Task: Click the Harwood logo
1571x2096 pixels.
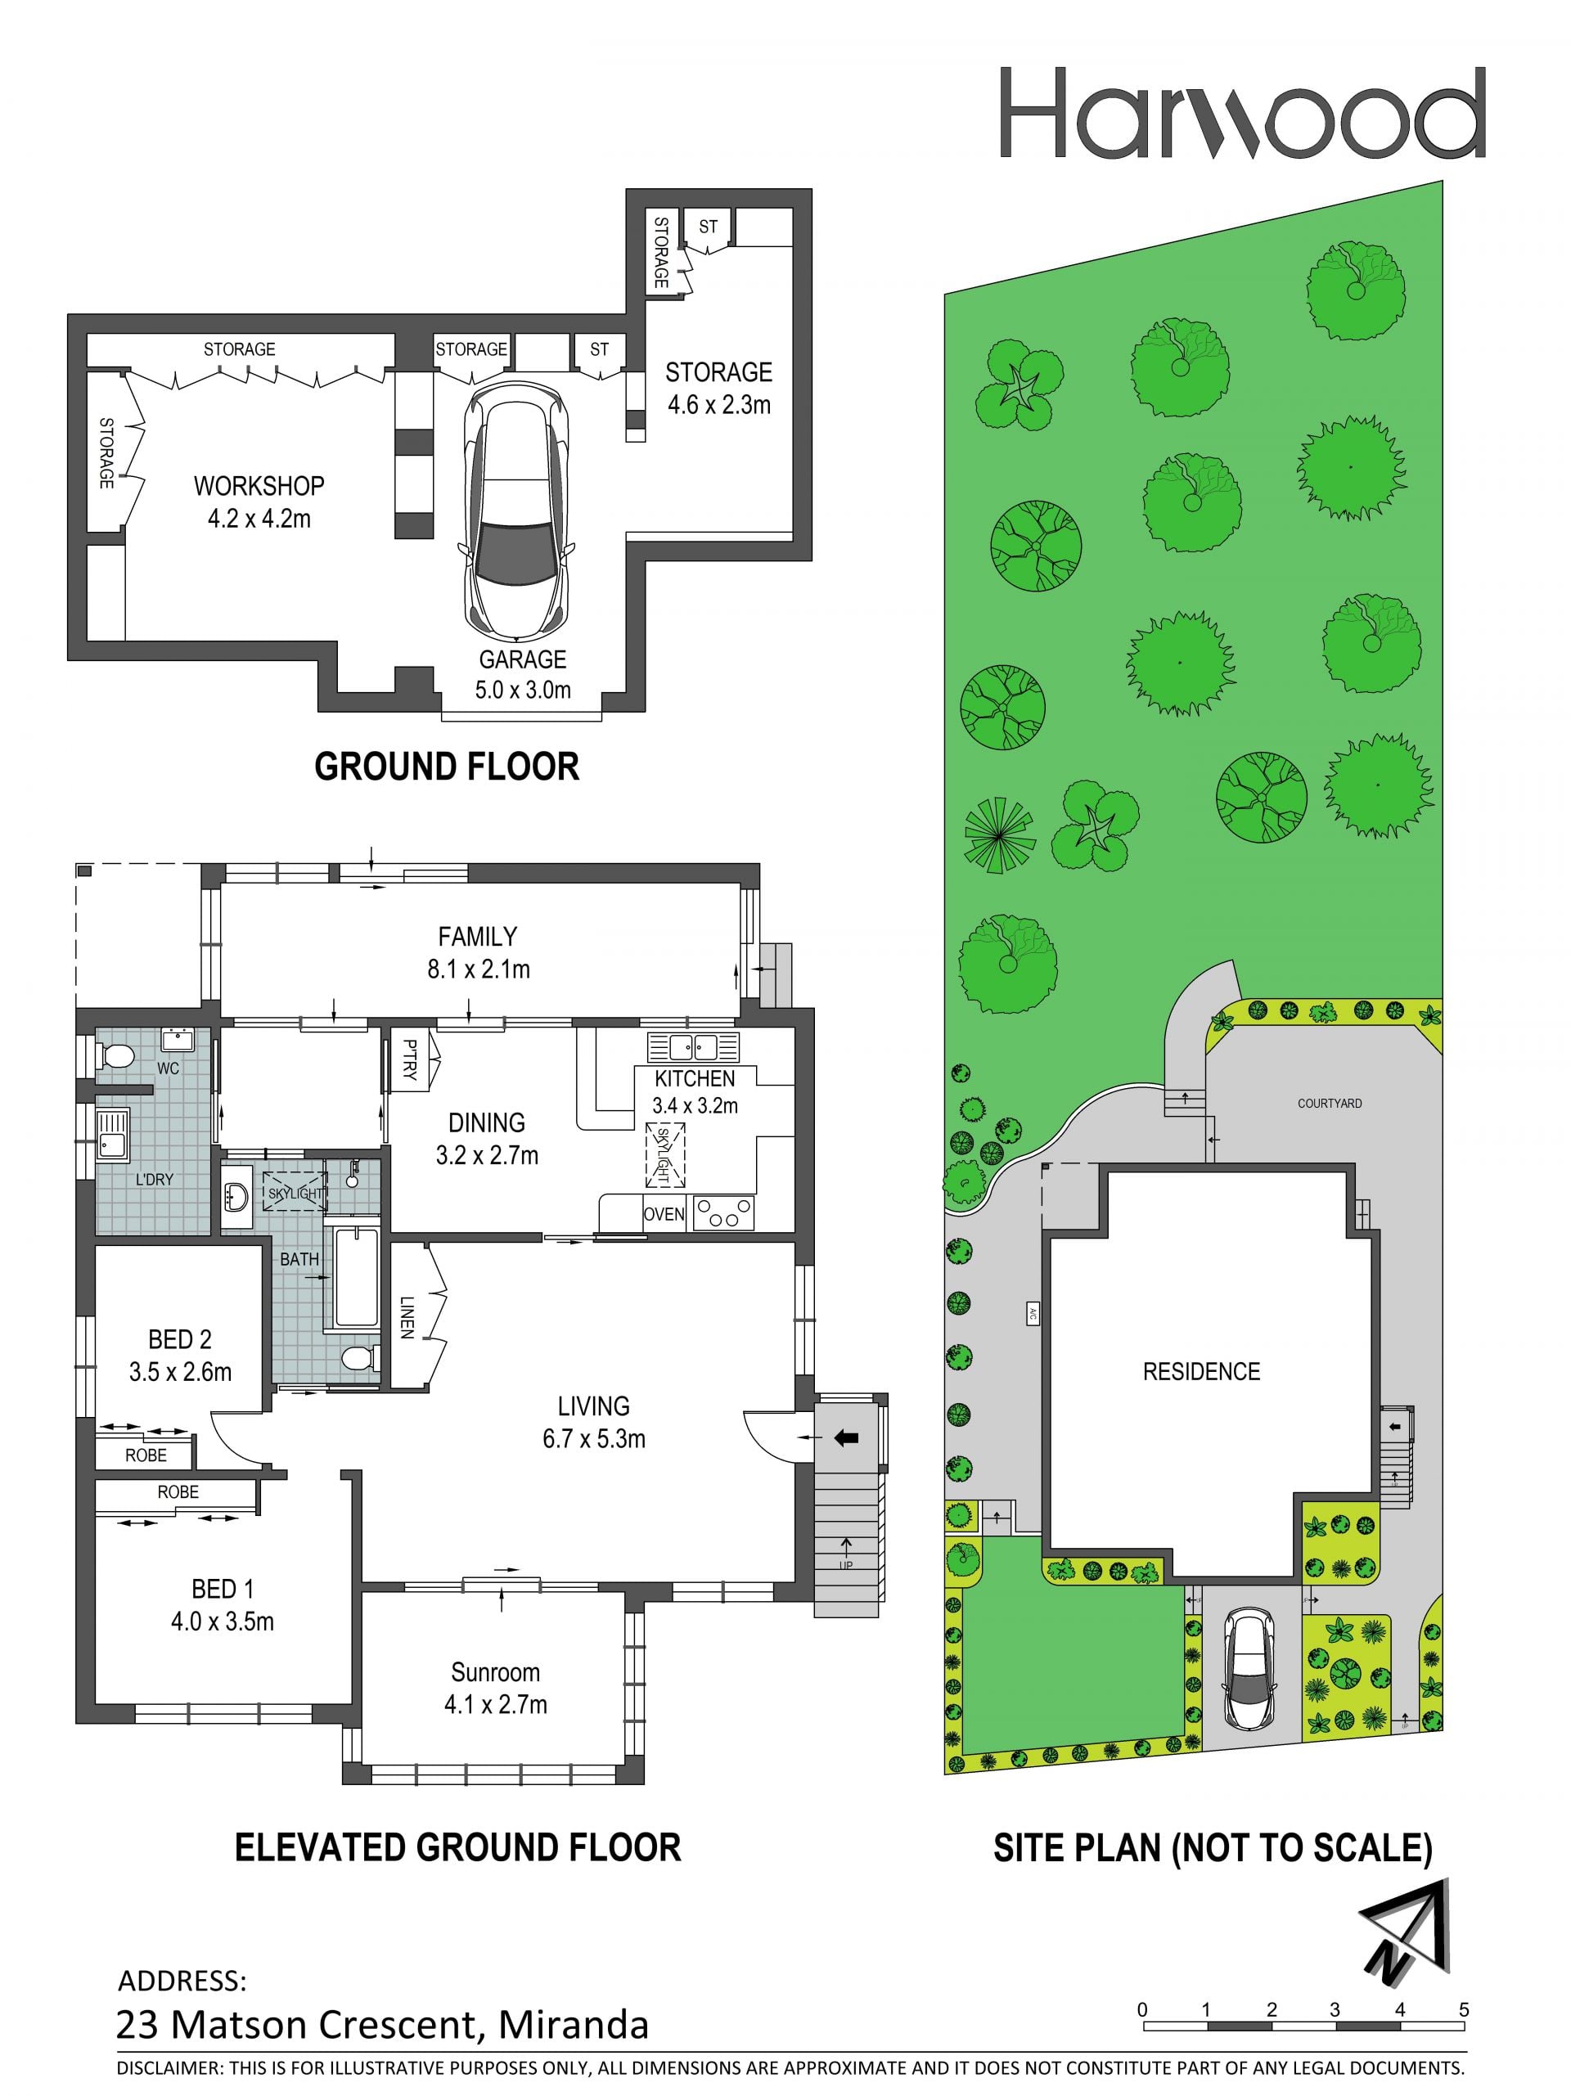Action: tap(1241, 112)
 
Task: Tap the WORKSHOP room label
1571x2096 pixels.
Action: tap(259, 486)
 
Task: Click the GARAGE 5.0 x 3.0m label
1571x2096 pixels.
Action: tap(522, 675)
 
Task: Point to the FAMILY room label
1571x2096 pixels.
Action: tap(478, 937)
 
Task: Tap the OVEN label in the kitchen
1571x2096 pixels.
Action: tap(664, 1214)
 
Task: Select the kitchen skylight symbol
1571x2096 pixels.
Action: tap(664, 1154)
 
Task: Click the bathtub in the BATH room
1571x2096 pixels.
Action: tap(354, 1275)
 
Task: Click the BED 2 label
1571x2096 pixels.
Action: tap(180, 1339)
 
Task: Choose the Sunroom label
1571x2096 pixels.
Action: tap(496, 1672)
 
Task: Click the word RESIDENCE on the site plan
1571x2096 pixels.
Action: tap(1201, 1371)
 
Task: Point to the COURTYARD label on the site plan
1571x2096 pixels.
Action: tap(1330, 1104)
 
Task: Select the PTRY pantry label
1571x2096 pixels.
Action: tap(409, 1060)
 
